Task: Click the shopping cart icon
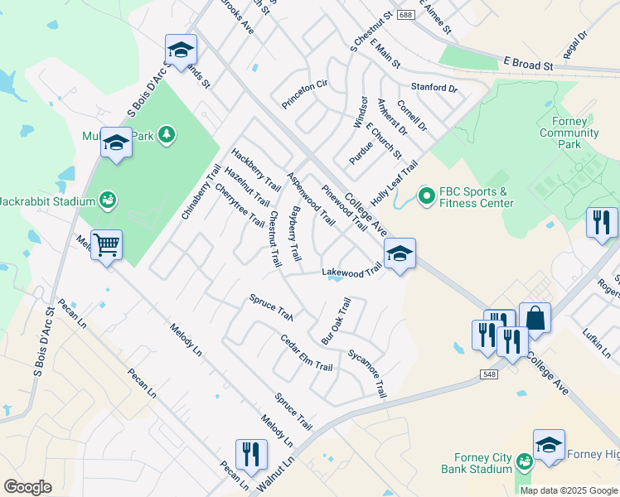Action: point(106,245)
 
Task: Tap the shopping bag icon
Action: point(535,318)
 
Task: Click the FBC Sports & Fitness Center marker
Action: point(427,196)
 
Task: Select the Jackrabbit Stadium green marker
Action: point(106,200)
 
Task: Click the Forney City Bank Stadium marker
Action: point(523,461)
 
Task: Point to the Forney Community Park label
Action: point(564,133)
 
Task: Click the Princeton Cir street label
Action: point(305,84)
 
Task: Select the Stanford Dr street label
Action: point(434,87)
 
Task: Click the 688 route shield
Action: point(404,16)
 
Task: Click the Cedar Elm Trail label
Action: point(306,354)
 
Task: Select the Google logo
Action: point(27,487)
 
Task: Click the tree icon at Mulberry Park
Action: point(167,134)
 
